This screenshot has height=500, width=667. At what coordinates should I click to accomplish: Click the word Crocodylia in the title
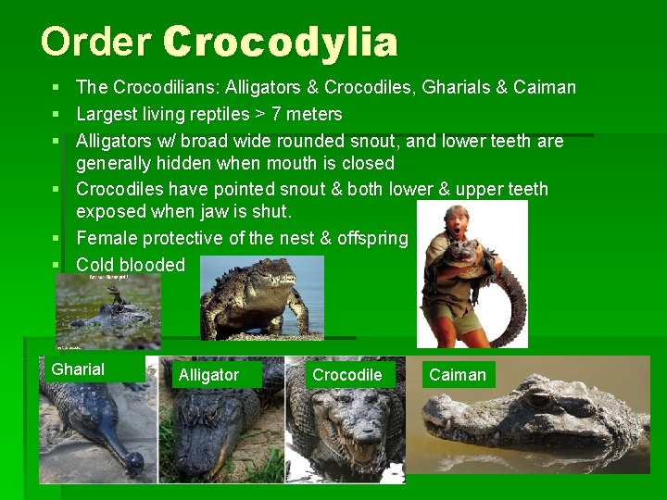coord(280,43)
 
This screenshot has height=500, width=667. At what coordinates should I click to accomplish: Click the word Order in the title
coord(96,43)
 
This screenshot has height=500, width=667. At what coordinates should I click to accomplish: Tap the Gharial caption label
coord(78,369)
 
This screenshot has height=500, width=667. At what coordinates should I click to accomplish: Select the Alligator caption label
coord(208,375)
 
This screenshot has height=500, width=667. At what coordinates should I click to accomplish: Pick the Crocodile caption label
coord(346,375)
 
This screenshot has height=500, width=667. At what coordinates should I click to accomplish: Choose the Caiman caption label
coord(458,375)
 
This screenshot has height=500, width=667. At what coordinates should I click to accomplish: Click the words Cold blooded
coord(131,266)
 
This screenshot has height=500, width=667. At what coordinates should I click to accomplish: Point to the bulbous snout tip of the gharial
coord(135,460)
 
